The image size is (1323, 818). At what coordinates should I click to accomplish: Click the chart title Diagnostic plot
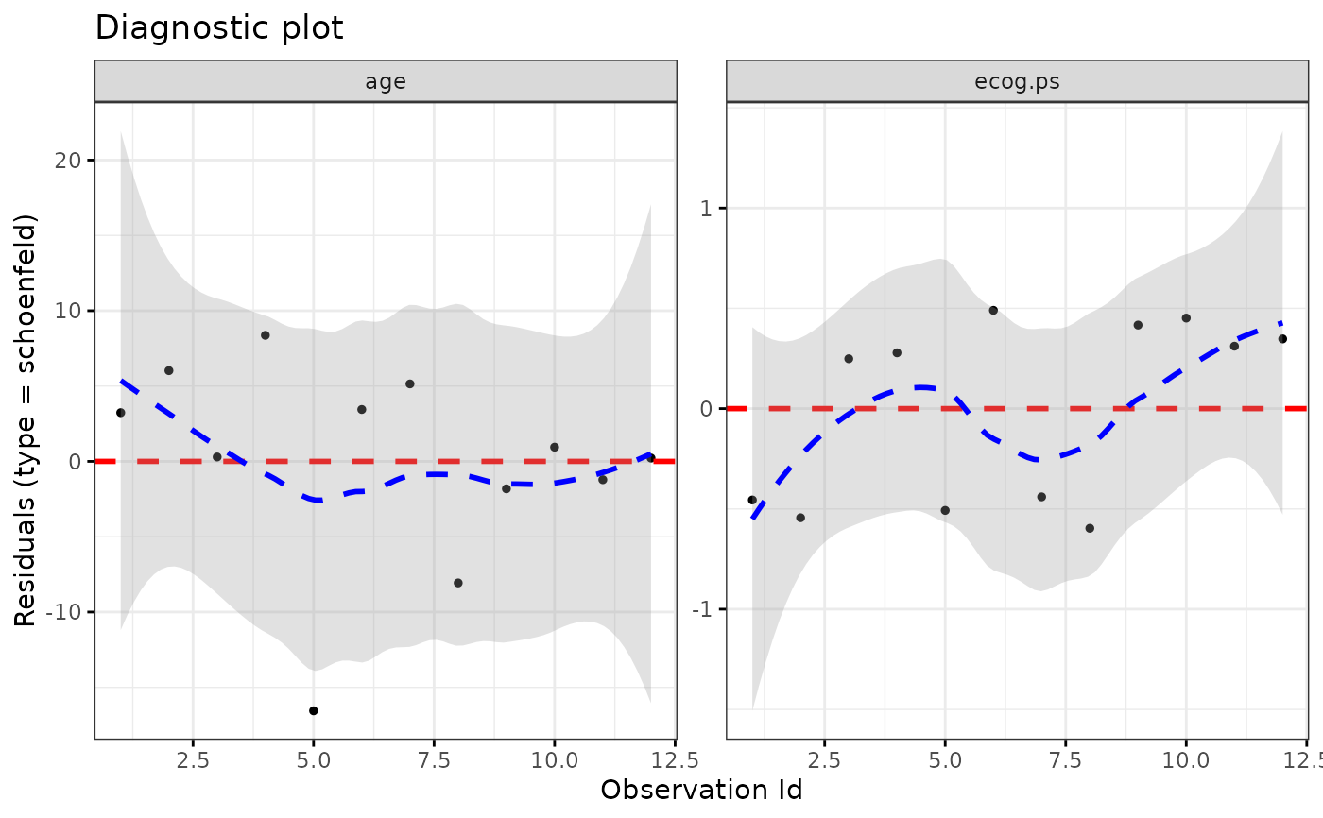click(219, 28)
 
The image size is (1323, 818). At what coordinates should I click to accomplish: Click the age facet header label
click(386, 81)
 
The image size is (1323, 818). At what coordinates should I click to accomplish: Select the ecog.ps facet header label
click(1017, 81)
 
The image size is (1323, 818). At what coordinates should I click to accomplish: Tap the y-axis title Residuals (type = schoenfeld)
click(26, 420)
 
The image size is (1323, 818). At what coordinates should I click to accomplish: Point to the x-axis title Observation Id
click(701, 790)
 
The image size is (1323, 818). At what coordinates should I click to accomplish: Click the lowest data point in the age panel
click(314, 710)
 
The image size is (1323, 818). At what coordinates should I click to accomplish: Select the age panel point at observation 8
click(458, 583)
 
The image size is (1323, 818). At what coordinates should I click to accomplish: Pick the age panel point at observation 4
click(266, 335)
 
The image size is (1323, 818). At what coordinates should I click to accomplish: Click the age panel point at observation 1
click(120, 413)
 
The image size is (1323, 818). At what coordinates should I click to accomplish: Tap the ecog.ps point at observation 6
click(993, 310)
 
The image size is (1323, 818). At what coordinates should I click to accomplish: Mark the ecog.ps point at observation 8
click(1090, 528)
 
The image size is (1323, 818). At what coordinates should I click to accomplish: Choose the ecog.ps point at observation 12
click(1282, 338)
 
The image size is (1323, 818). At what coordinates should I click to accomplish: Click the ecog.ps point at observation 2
click(800, 518)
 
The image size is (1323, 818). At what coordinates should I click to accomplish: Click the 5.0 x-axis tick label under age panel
click(314, 759)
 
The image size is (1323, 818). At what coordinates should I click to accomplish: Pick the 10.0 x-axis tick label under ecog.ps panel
click(1185, 759)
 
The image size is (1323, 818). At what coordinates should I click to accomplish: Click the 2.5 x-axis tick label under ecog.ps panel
click(824, 759)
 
